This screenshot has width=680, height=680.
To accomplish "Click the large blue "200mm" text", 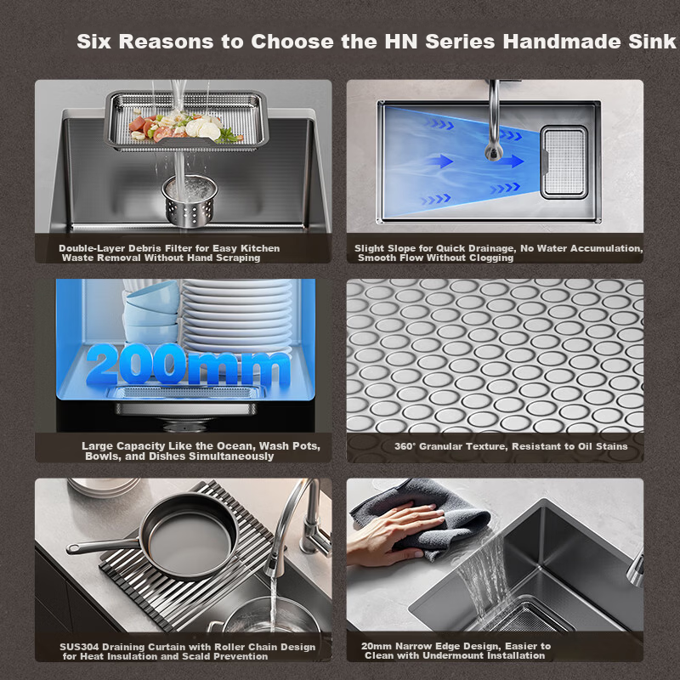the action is pyautogui.click(x=188, y=365).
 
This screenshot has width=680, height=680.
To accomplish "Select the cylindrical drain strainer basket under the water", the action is pyautogui.click(x=190, y=201).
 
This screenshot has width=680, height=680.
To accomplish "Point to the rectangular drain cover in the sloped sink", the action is pyautogui.click(x=564, y=162).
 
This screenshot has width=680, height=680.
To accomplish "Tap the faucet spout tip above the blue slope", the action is pyautogui.click(x=494, y=153).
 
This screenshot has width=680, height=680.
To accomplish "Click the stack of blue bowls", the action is pyautogui.click(x=151, y=311).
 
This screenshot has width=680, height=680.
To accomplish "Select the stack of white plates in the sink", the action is pyautogui.click(x=237, y=314).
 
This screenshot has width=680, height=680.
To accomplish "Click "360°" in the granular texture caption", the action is pyautogui.click(x=405, y=446).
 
